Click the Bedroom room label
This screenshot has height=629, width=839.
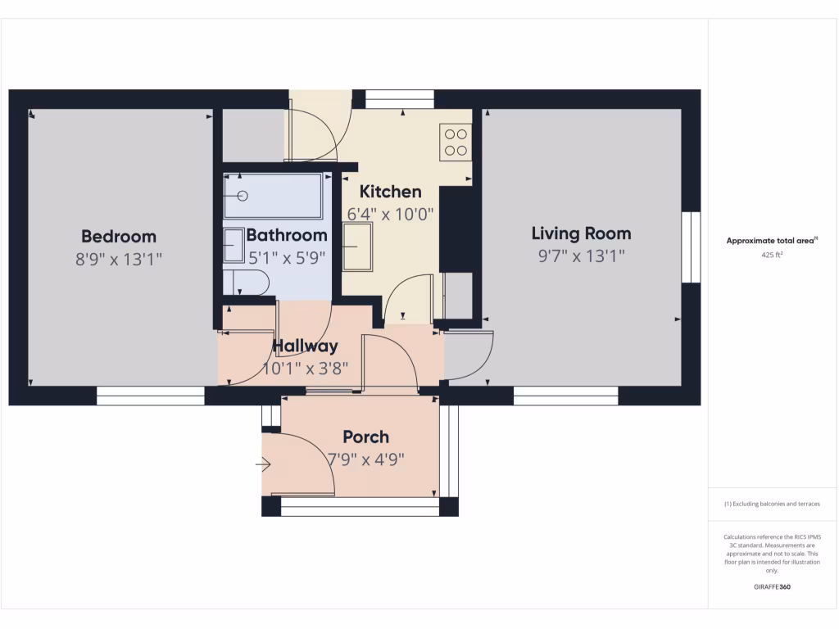pos(118,237)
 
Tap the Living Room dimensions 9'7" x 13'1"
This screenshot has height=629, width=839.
pos(581,256)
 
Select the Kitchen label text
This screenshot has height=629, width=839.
pos(391,192)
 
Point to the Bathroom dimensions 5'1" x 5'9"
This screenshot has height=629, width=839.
pos(287,256)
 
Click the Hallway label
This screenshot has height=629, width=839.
pos(305,346)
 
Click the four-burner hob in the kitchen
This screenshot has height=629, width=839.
pos(456,142)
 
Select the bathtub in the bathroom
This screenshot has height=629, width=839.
pos(273,196)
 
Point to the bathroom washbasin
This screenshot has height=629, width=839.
pos(234,245)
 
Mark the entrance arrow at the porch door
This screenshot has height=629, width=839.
pos(263,465)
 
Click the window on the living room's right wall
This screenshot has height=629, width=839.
pos(691,247)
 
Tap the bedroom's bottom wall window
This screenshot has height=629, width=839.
pos(150,396)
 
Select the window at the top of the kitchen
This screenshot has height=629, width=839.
pos(399,100)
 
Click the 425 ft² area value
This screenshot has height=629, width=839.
pos(771,255)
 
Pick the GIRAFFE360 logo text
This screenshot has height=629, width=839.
pos(771,587)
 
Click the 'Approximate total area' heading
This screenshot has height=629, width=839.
pos(770,241)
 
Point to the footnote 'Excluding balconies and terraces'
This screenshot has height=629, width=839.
pos(771,505)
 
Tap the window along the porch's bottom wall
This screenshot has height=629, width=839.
pos(360,507)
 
